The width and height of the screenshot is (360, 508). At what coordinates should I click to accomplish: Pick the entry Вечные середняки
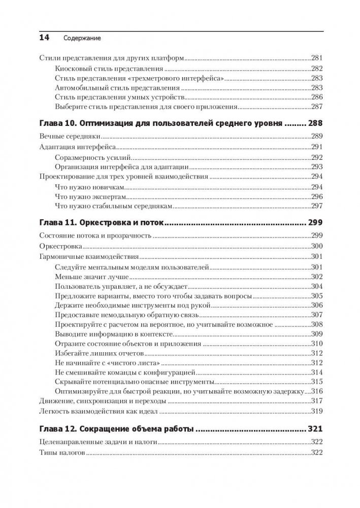point(69,137)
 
